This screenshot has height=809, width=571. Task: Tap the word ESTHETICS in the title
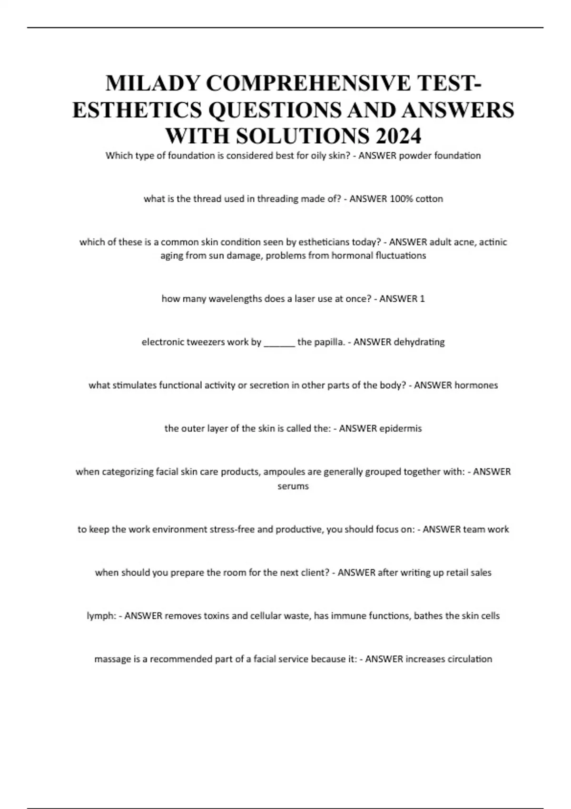click(x=137, y=110)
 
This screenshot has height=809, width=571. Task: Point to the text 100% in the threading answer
click(x=401, y=199)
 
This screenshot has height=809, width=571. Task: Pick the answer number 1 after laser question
click(x=422, y=299)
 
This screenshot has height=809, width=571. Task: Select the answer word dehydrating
click(x=419, y=342)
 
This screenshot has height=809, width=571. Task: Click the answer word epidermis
click(x=401, y=428)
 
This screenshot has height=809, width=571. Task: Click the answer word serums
click(x=293, y=486)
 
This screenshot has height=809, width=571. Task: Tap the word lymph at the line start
click(x=100, y=616)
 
